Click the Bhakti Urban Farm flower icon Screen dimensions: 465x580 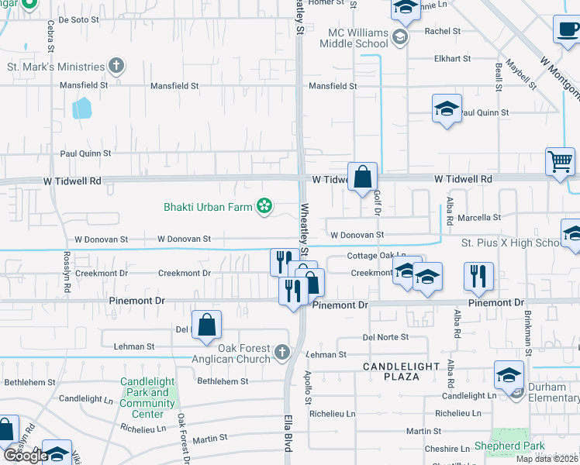[x=264, y=206]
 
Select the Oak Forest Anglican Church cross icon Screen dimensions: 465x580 [x=281, y=353]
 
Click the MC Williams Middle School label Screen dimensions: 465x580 [x=357, y=38]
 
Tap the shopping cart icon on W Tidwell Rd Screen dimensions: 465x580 [x=560, y=161]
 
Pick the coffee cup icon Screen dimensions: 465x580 [x=568, y=29]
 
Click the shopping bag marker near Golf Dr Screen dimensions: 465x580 [x=362, y=177]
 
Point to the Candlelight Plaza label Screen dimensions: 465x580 [x=401, y=370]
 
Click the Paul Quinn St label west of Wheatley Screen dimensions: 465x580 [x=85, y=153]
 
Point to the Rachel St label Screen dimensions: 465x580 [x=443, y=32]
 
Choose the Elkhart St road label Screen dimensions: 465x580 [x=453, y=59]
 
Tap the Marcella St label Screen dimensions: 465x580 [x=480, y=218]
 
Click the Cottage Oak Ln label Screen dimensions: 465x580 [x=376, y=256]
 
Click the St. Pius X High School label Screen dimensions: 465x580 [x=511, y=243]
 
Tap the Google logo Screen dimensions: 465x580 [x=25, y=456]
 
